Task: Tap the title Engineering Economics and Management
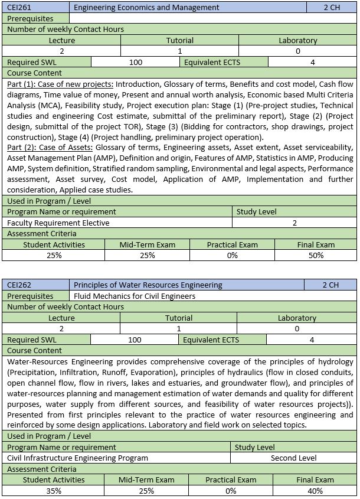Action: tap(146, 7)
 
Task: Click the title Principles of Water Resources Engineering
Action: tap(148, 285)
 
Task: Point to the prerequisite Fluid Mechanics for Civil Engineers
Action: tap(135, 296)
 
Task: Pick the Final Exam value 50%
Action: tap(316, 255)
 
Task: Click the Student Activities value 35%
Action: tap(54, 491)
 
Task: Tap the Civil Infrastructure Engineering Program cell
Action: tap(77, 458)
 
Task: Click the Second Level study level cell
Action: tap(294, 458)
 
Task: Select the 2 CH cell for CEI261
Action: tap(332, 7)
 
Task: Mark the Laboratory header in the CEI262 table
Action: tap(297, 318)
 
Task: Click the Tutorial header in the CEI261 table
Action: tap(180, 40)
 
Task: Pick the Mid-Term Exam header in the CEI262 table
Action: tap(146, 480)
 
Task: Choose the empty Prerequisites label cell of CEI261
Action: tap(30, 18)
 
